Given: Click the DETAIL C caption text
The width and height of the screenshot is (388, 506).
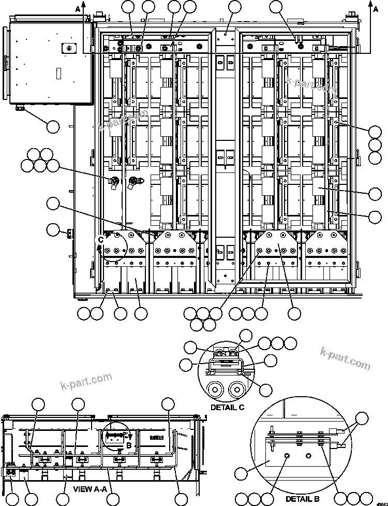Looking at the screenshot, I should click(x=227, y=407).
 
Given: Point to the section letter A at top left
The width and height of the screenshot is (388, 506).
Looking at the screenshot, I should click(x=78, y=8).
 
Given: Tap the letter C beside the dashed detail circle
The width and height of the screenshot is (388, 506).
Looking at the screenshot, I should click(x=101, y=239).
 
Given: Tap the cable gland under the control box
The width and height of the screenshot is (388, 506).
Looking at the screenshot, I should click(x=21, y=108).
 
